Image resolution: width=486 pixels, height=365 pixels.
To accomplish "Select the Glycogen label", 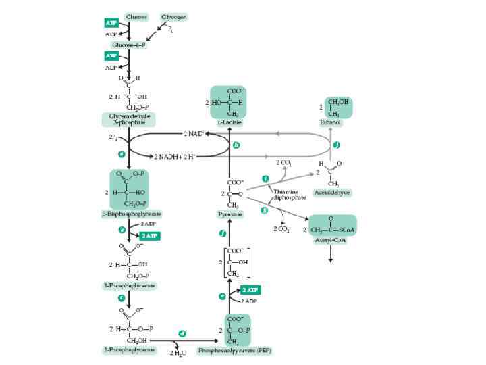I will [x=173, y=16].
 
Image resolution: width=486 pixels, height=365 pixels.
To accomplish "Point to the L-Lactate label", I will [x=230, y=123].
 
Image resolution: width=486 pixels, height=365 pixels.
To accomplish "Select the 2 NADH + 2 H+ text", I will [x=176, y=156].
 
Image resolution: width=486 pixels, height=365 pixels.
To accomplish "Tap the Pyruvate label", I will [x=230, y=214].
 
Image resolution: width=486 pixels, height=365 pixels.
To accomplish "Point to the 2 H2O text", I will [x=179, y=353].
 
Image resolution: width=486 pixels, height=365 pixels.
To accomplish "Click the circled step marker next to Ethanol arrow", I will [x=337, y=145].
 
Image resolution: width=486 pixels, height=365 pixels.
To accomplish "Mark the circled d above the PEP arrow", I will [x=182, y=333].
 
